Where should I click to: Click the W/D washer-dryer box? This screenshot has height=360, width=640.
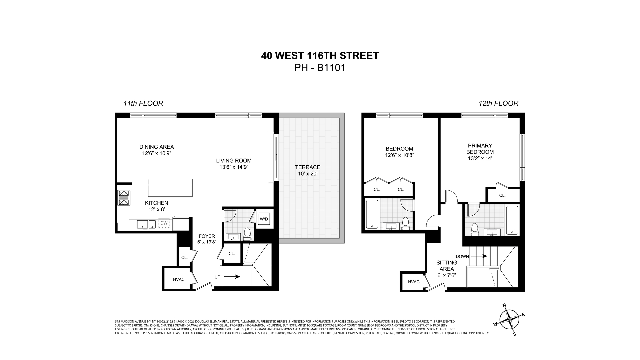click(264, 219)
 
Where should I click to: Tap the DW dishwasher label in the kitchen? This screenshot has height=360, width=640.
click(164, 223)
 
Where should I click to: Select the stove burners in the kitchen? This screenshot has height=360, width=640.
click(124, 198)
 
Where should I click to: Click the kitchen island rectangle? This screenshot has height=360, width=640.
click(170, 188)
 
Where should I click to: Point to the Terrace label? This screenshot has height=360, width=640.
click(307, 167)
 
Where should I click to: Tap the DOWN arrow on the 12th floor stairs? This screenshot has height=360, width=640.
click(479, 256)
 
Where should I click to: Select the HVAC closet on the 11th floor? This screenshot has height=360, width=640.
click(179, 279)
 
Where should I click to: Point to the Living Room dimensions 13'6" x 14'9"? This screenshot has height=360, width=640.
click(234, 167)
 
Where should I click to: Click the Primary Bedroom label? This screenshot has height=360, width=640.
click(480, 149)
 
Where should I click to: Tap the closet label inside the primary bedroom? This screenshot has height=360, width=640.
click(502, 195)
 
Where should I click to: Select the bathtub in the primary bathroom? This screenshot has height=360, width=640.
click(512, 220)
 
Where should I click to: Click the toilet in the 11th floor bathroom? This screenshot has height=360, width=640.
click(247, 234)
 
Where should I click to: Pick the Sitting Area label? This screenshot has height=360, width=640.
click(447, 266)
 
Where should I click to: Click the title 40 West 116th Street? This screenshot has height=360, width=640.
click(320, 55)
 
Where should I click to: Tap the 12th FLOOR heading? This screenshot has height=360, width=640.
click(498, 103)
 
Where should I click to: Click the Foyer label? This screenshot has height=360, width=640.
click(207, 236)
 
